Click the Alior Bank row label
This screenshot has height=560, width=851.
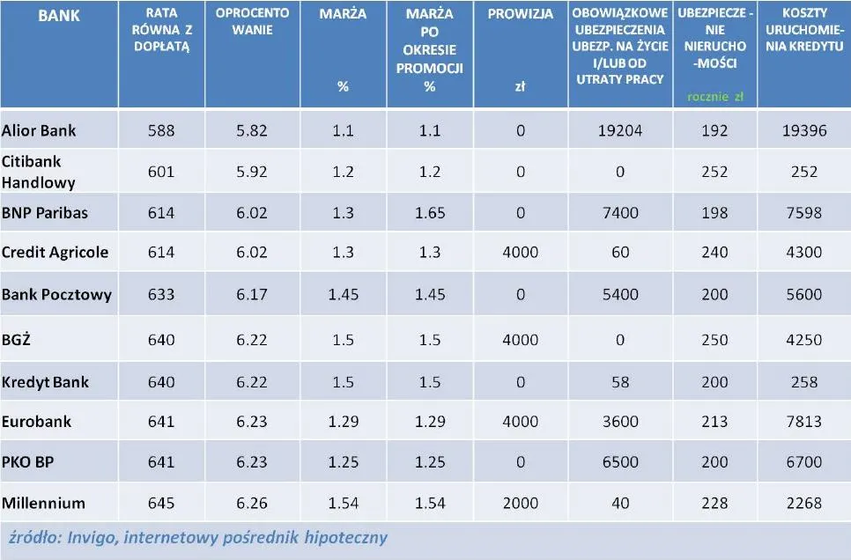39,130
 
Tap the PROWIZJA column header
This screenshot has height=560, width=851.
521,14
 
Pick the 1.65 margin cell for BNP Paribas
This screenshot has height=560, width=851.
430,213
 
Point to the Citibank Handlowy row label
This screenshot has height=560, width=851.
39,172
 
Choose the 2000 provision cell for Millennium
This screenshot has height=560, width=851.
521,503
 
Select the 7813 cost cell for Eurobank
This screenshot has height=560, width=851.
803,421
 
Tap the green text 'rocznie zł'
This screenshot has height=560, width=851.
714,97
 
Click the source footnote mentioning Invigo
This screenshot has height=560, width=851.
197,536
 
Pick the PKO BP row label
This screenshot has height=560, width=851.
28,461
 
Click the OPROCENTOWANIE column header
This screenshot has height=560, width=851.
251,22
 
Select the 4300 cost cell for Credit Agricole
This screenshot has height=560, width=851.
803,252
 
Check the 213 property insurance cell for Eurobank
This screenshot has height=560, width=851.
714,421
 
